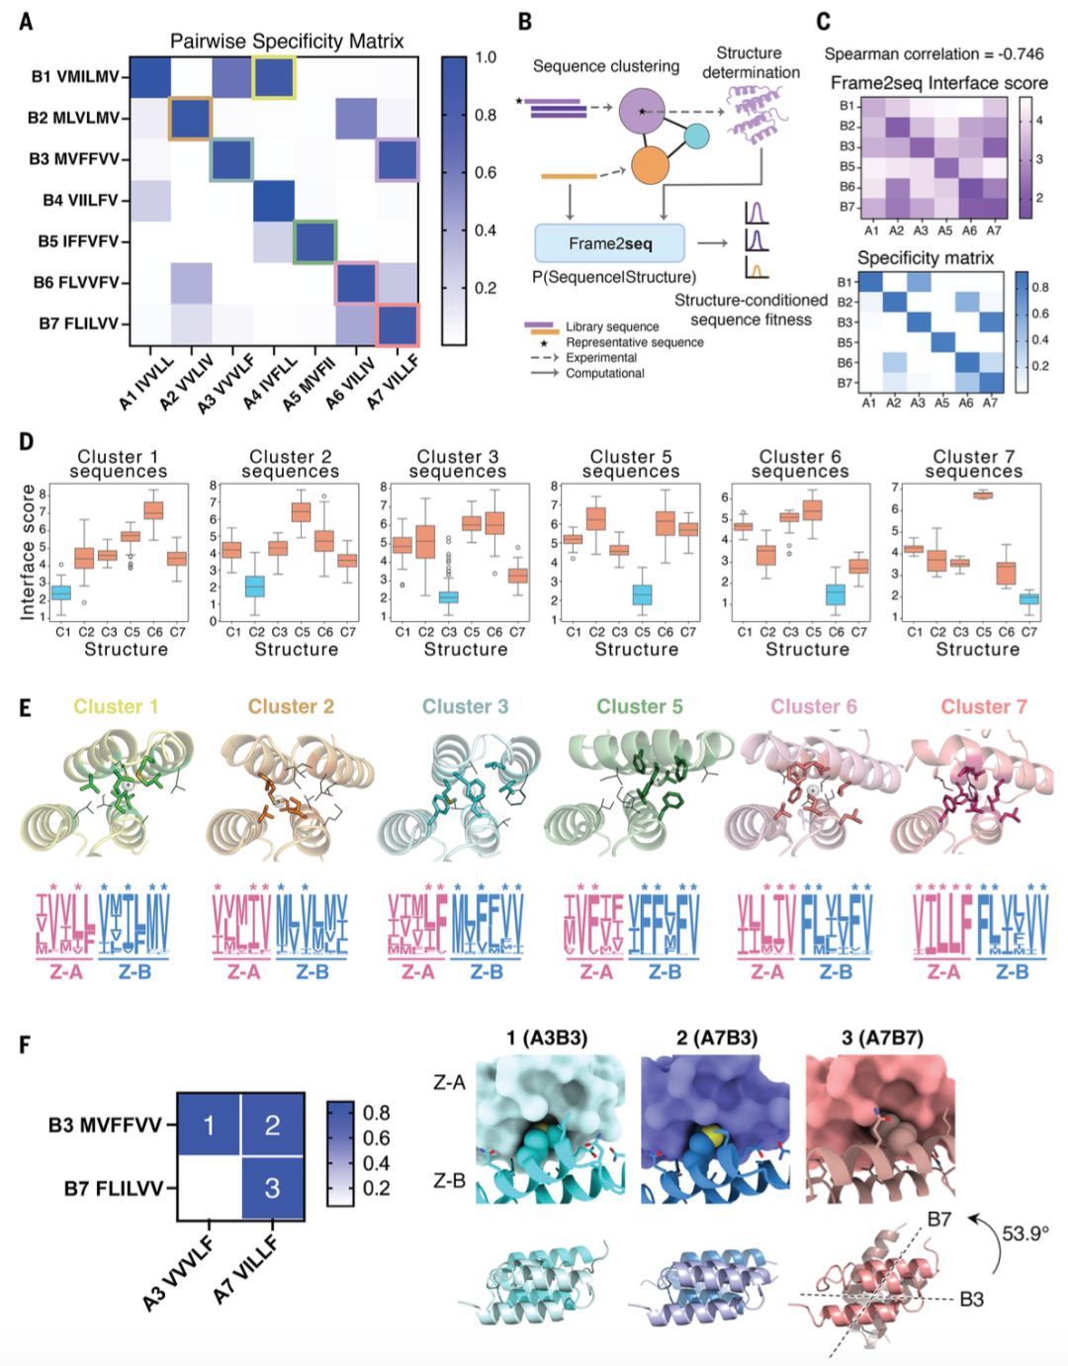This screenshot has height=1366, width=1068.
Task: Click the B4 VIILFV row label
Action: point(79,200)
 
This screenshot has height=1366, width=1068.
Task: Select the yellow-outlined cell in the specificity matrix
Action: point(273,77)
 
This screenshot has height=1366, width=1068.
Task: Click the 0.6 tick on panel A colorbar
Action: point(485,172)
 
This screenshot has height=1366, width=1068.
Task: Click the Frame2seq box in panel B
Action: point(609,243)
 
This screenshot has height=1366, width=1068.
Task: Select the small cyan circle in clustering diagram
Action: point(697,137)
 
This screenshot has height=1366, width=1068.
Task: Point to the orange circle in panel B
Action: point(648,165)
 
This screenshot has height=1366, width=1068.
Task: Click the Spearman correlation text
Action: point(934,54)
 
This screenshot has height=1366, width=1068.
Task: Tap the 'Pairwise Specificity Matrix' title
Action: point(287,42)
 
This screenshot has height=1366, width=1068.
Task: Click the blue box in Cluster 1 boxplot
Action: point(61,592)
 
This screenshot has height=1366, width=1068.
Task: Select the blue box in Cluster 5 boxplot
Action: point(642,594)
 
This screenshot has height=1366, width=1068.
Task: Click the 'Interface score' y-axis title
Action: point(28,552)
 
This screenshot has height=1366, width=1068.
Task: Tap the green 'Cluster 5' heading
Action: point(639,706)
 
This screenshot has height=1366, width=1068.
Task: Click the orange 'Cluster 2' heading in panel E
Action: point(291,706)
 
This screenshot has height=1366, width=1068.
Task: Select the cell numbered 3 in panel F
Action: point(272,1187)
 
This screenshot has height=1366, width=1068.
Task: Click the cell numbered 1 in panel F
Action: point(209,1125)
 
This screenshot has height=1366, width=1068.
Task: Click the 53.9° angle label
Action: point(1024,1233)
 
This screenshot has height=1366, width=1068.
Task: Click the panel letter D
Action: point(26,441)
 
